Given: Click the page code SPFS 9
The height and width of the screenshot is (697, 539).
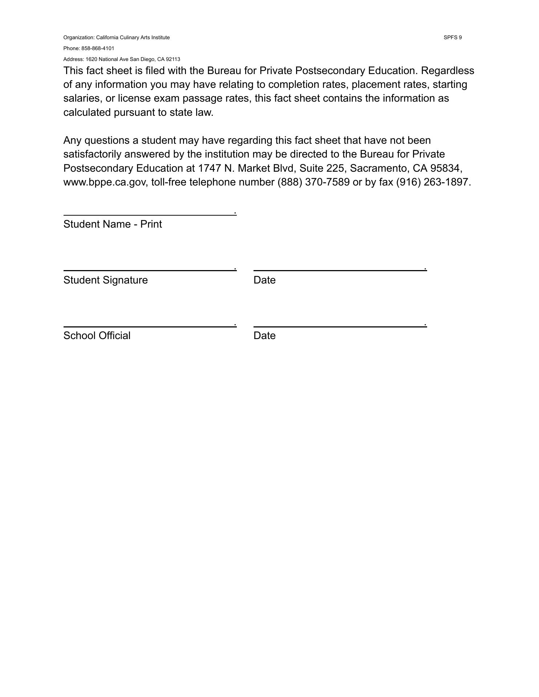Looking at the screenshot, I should (x=453, y=37).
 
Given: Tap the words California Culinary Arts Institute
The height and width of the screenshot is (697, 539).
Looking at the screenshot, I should (x=133, y=37).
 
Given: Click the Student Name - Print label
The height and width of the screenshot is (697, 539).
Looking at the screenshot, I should (x=113, y=224).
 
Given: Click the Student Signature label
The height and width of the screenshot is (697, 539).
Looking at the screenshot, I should (x=105, y=280).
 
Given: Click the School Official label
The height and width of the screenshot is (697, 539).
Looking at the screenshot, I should (x=97, y=335).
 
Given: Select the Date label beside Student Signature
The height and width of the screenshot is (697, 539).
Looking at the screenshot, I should (x=264, y=280).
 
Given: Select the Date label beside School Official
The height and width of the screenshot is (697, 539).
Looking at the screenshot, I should (x=264, y=335).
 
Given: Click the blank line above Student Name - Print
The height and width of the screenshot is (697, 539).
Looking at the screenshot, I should (x=149, y=215).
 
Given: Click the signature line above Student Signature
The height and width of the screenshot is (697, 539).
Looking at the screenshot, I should (x=149, y=270).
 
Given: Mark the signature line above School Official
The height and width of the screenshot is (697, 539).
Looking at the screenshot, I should (x=149, y=326).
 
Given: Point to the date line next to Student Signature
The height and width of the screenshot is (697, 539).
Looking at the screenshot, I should (x=340, y=270).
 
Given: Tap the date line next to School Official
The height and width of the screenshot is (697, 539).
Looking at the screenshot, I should (x=340, y=326).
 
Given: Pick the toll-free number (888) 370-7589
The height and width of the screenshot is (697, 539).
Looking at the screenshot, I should (x=313, y=182).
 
